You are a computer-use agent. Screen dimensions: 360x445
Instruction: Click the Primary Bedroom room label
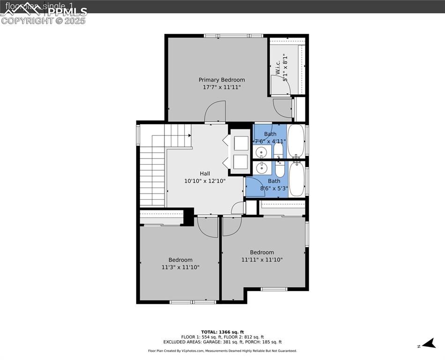tap(222, 80)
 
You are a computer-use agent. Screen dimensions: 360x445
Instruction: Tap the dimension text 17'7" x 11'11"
tap(222, 87)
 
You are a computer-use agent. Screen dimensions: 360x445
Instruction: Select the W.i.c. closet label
tap(278, 67)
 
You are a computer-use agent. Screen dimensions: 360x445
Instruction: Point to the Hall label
tap(205, 173)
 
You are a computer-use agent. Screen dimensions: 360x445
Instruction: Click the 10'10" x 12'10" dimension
tap(205, 180)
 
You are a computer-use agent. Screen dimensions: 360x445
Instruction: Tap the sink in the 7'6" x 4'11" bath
tap(261, 152)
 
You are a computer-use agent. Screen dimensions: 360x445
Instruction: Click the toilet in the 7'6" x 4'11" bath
tap(278, 150)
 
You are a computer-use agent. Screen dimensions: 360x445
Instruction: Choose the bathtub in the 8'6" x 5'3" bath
tap(297, 179)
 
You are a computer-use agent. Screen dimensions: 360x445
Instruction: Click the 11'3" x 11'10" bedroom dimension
tap(180, 267)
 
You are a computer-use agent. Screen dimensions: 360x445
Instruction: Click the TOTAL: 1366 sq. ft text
tap(222, 332)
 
